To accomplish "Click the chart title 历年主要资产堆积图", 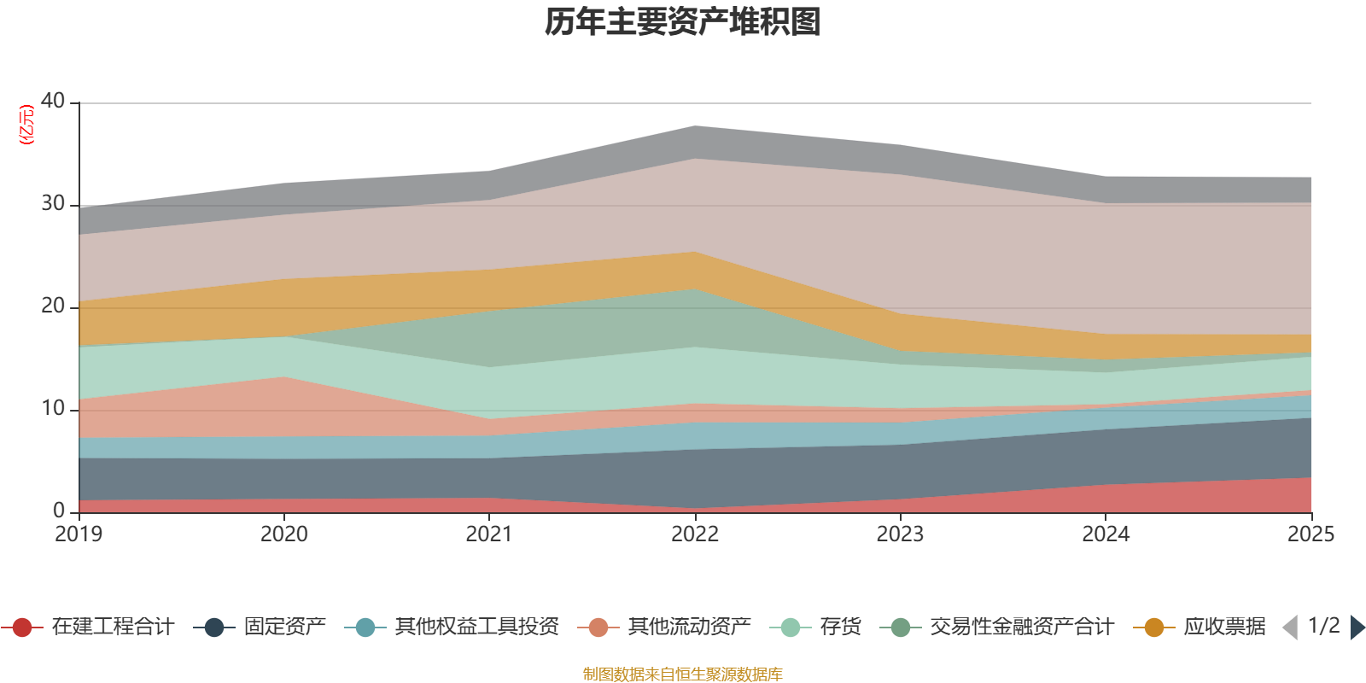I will click(682, 22).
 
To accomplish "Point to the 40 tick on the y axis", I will click(53, 101).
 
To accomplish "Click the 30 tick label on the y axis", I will click(53, 203).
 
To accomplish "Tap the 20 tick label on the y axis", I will click(53, 306).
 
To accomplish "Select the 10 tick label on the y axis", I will click(53, 408).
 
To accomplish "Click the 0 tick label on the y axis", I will click(59, 511).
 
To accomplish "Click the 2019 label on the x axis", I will click(79, 534).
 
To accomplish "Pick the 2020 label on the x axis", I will click(284, 534).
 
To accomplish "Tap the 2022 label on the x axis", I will click(695, 534).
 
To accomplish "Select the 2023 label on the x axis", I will click(900, 534).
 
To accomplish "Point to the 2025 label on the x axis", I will click(1311, 534).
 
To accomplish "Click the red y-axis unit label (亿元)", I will click(26, 125).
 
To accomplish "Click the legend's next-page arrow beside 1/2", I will click(1357, 628).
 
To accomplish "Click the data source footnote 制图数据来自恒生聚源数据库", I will click(682, 674).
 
